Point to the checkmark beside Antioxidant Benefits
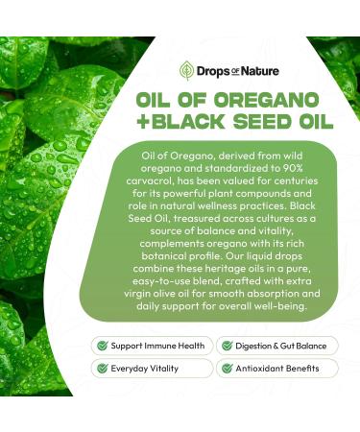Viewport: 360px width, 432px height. point(227,368)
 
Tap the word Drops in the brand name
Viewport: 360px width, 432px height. point(212,69)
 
